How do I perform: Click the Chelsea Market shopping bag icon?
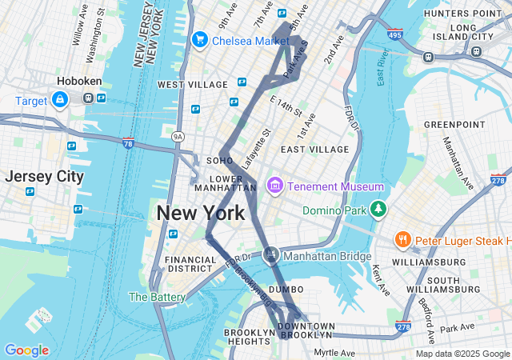tap(199, 39)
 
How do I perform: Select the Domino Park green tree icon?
tap(378, 210)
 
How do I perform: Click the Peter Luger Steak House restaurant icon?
tap(403, 239)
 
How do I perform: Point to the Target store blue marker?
tap(59, 100)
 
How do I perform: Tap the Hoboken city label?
tap(77, 82)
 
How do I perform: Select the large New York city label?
tap(200, 214)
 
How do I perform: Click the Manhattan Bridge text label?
tap(328, 256)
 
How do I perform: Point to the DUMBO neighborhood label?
tap(286, 289)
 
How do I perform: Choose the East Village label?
tap(314, 149)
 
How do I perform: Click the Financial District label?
tap(190, 264)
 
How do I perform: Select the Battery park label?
tap(157, 297)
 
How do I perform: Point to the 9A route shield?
tap(178, 137)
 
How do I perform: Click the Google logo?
tap(26, 350)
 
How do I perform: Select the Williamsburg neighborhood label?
tap(430, 262)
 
